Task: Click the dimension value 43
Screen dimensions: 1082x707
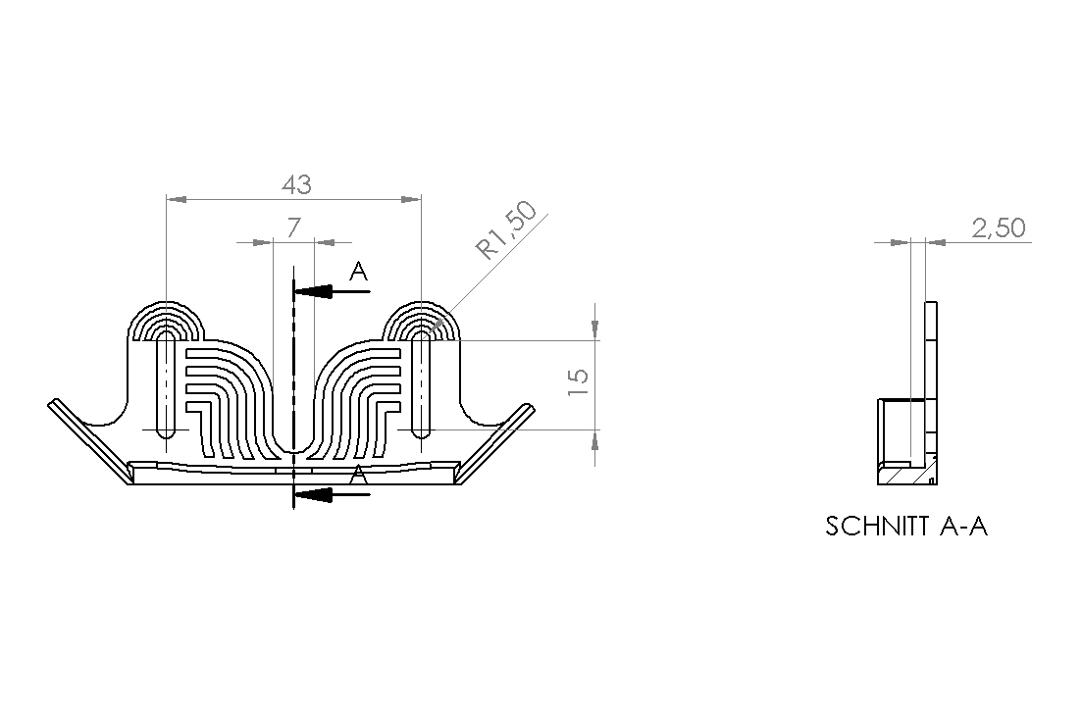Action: pyautogui.click(x=296, y=185)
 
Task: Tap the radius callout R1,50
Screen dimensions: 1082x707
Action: pyautogui.click(x=506, y=230)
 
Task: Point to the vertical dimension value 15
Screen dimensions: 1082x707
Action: pyautogui.click(x=578, y=381)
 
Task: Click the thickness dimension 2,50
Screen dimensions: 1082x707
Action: pyautogui.click(x=999, y=227)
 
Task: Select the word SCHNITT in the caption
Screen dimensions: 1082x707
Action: pyautogui.click(x=877, y=527)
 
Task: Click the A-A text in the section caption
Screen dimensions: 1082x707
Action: pyautogui.click(x=963, y=527)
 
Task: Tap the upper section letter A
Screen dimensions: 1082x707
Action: pyautogui.click(x=358, y=272)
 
